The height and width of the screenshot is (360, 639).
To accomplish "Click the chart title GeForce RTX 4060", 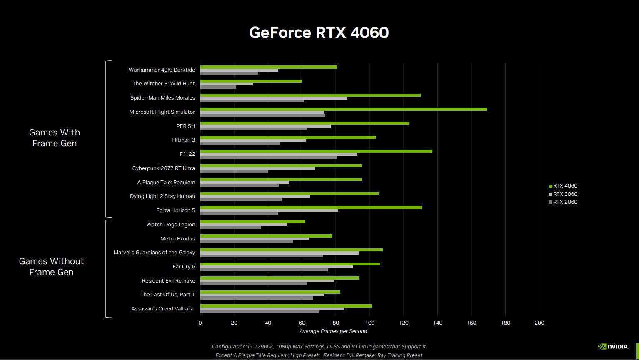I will point(319,32).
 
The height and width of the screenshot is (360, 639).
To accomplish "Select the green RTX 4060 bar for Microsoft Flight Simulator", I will point(343,109).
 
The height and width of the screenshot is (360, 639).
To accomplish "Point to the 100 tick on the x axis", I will point(369,323).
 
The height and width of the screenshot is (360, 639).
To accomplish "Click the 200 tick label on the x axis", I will point(539,323).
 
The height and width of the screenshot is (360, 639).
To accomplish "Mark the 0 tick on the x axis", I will point(200,323).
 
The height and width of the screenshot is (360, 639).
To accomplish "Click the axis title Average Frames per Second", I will point(333,331).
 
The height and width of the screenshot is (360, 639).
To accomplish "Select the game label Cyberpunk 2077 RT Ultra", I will point(163,168).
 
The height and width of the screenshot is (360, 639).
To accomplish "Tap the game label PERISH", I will point(185,126).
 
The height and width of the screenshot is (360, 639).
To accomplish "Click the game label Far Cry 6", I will point(184,267).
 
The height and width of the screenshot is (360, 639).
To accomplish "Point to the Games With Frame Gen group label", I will point(55,138).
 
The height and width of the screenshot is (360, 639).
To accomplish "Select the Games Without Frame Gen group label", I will point(52,267).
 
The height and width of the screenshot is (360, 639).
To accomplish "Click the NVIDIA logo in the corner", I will point(613,346).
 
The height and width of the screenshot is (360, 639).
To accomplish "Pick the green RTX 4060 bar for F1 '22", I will point(316,151).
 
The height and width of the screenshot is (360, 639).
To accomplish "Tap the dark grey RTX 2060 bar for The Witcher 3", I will point(218,87).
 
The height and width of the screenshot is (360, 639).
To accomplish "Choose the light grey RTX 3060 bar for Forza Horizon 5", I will point(269,210).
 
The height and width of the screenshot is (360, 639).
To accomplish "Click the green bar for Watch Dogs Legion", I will point(252,222).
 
